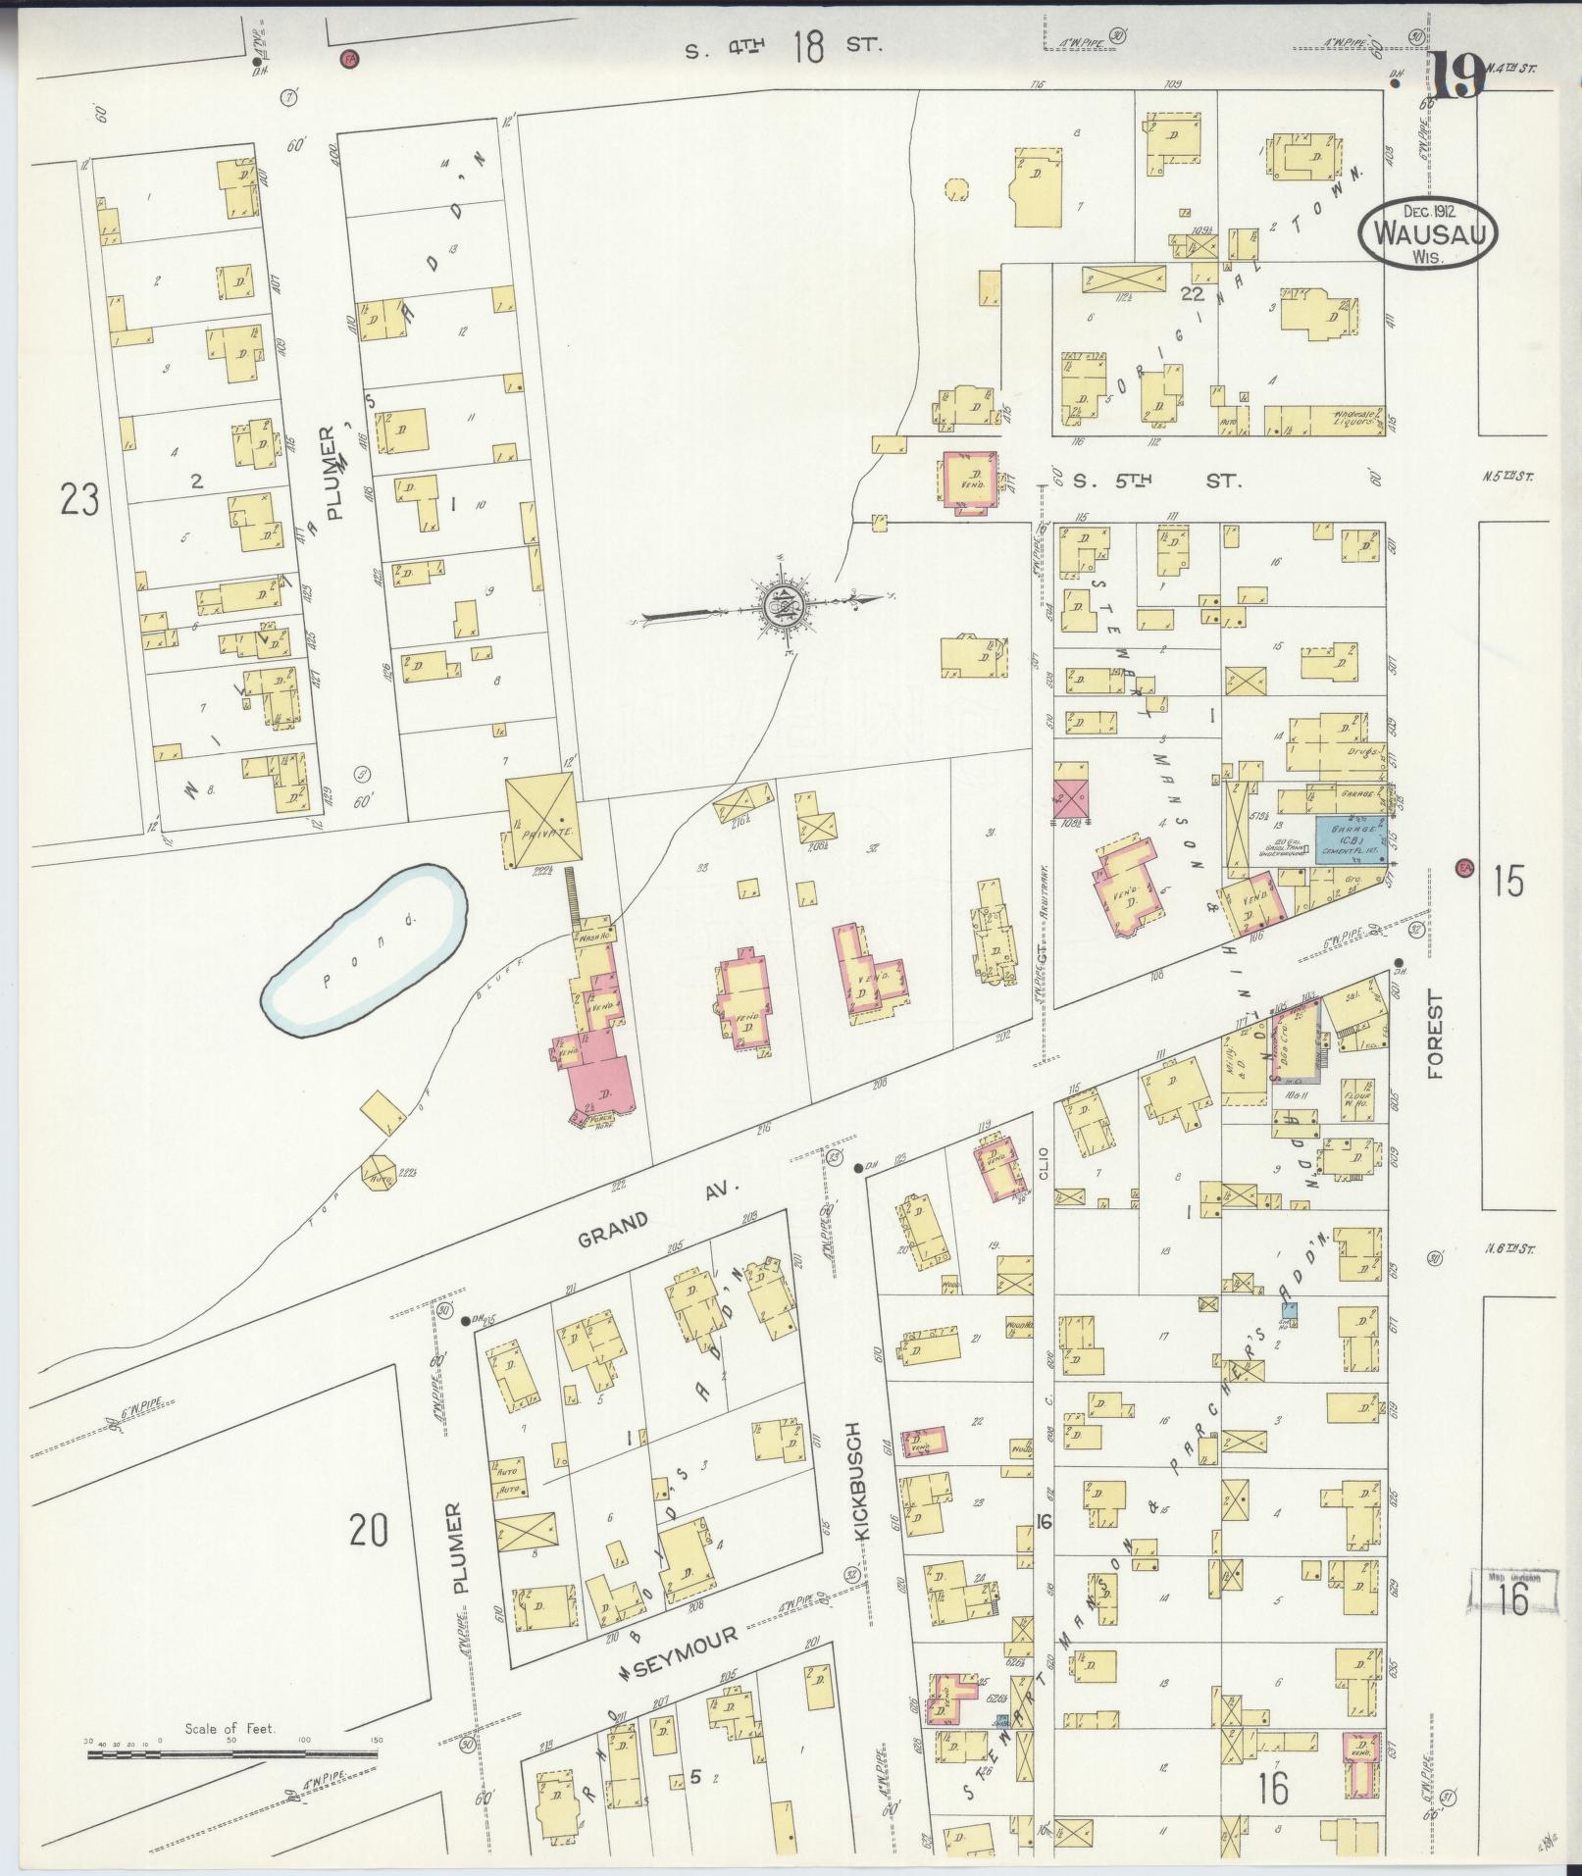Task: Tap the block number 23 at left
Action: tap(79, 500)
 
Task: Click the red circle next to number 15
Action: tap(1465, 867)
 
